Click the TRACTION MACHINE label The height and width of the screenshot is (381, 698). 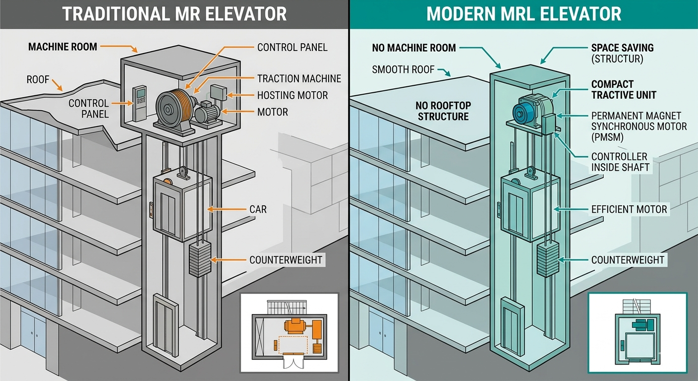[299, 78]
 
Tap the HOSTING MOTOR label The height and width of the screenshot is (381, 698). [292, 95]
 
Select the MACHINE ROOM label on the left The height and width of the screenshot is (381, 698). [62, 47]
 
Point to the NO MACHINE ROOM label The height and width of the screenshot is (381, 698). [414, 48]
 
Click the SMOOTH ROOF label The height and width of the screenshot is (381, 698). [403, 69]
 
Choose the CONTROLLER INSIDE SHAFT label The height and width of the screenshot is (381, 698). [620, 162]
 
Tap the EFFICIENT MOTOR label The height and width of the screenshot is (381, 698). [629, 209]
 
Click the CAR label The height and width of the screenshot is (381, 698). [258, 209]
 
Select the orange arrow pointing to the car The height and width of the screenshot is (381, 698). [227, 209]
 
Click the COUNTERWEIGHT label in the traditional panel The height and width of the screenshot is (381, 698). [286, 260]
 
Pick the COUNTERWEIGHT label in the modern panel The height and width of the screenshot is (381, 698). [628, 260]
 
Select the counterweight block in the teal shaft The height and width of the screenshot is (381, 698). [548, 260]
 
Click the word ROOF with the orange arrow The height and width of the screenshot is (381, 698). [38, 79]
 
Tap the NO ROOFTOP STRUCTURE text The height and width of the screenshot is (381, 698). [443, 111]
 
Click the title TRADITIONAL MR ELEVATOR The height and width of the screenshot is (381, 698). [174, 14]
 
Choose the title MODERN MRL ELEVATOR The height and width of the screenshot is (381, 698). [523, 14]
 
